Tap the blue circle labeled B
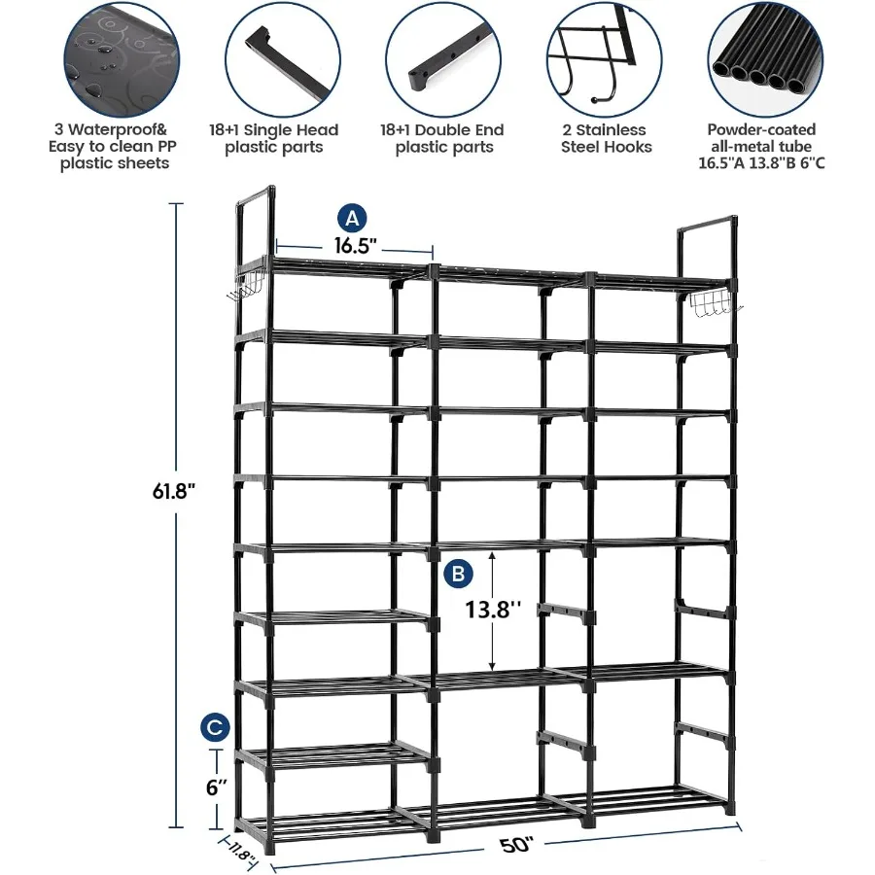458,574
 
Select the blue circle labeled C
217,726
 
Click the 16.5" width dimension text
354,246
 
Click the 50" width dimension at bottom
517,844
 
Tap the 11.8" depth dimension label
239,857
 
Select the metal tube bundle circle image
761,57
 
